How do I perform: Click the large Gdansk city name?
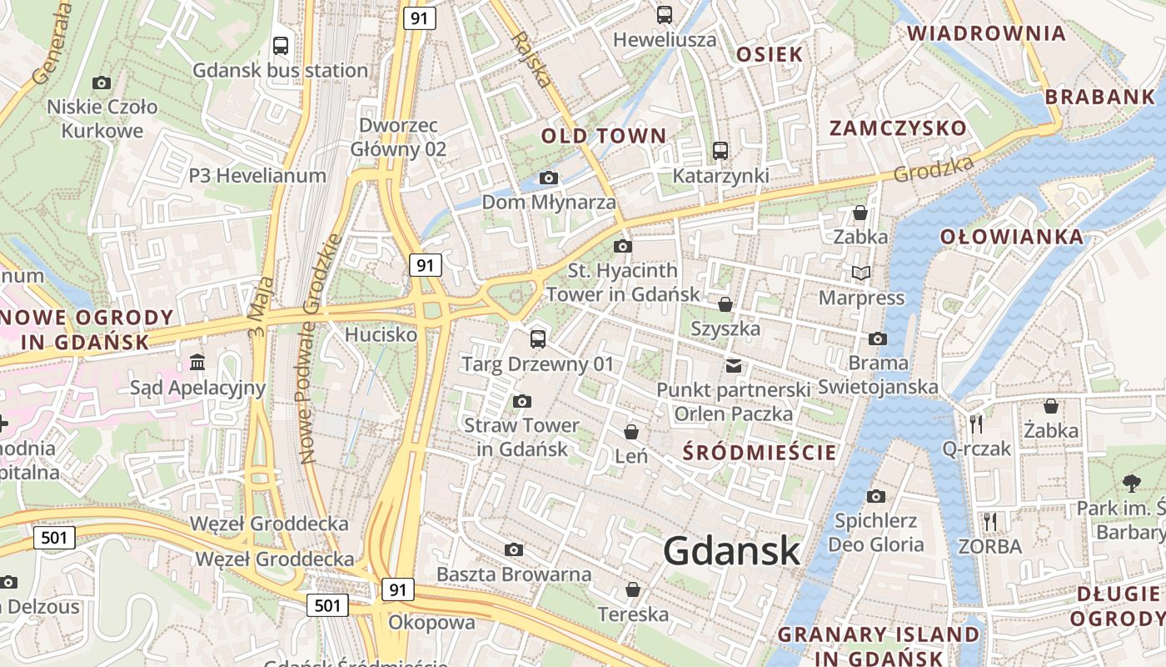[x=732, y=551]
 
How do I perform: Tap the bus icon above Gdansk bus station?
[x=281, y=46]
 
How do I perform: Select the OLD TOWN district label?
[x=604, y=136]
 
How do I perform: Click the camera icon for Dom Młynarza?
[x=548, y=178]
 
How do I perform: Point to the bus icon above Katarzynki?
[x=720, y=151]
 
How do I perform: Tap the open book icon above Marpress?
[x=860, y=273]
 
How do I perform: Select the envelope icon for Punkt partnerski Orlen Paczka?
[x=733, y=365]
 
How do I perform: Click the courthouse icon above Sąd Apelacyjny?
[x=197, y=363]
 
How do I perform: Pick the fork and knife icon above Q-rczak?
[x=976, y=424]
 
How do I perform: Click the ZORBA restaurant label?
[x=989, y=547]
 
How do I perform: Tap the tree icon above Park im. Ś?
[x=1131, y=483]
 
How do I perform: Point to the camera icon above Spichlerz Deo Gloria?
[x=875, y=496]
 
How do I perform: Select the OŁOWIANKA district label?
[x=1012, y=237]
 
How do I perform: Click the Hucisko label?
[x=381, y=335]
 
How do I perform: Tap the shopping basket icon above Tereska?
[x=633, y=589]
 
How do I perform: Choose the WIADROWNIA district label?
[x=986, y=33]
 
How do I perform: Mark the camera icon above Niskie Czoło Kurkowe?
[x=102, y=83]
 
